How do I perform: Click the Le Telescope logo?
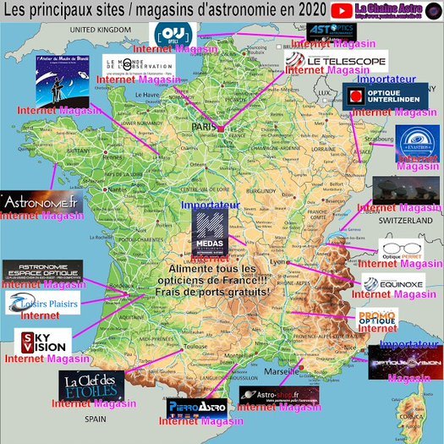click(x=336, y=60)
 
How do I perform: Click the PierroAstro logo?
click(x=195, y=408)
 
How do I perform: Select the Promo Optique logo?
click(x=377, y=321)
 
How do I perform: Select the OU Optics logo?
click(x=173, y=35)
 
